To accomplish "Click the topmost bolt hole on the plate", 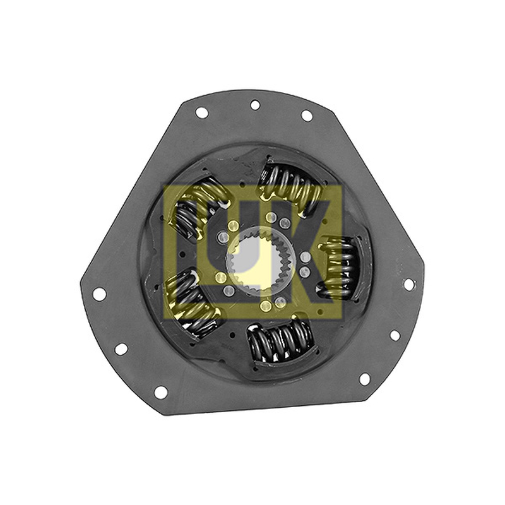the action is pos(255,105).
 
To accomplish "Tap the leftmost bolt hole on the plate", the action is pos(99,294).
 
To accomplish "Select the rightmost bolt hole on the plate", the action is pos(408,284).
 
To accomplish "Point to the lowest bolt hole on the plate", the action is pos(161,391).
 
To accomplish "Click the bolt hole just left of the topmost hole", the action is pos(202,113).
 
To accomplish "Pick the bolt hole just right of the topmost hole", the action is pos(307,116).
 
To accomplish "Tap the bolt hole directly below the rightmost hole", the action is pos(395,335).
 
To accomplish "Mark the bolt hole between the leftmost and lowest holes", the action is pos(121,349).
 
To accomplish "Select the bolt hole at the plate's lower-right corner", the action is pos(364,379).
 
